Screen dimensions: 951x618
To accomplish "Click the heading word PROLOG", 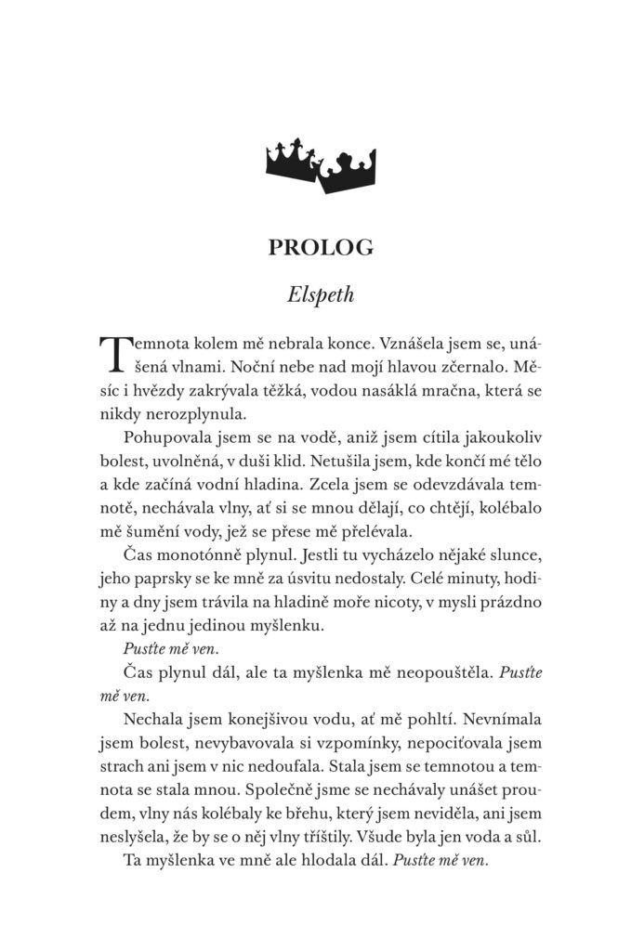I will [308, 247].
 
